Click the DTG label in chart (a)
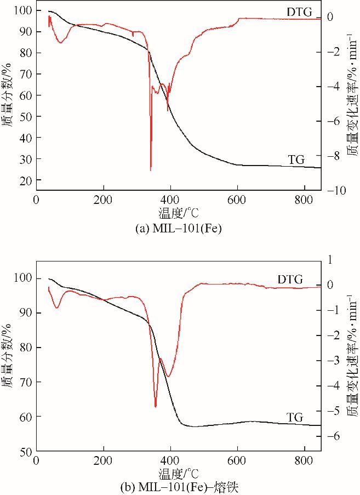(297, 11)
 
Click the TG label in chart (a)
(297, 160)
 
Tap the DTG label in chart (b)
(290, 280)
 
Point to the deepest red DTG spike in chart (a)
(151, 169)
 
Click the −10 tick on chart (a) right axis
(332, 190)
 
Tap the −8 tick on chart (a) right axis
(332, 156)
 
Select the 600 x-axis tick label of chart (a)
(237, 200)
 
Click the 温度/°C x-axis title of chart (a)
(179, 212)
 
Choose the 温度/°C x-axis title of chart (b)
(179, 472)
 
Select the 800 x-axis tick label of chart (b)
(304, 461)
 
